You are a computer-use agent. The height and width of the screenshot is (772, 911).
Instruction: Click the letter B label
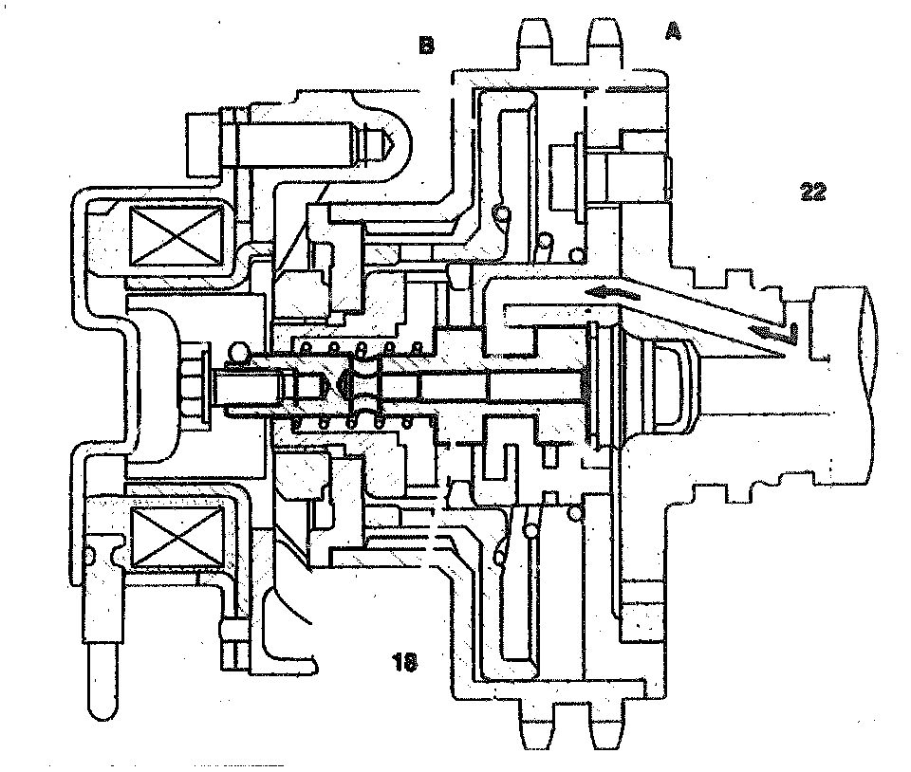click(x=426, y=45)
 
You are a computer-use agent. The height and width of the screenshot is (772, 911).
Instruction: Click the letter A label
click(x=673, y=32)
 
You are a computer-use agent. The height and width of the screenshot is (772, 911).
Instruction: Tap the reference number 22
click(x=812, y=193)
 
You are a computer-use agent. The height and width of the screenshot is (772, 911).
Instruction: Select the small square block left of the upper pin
click(x=203, y=143)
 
